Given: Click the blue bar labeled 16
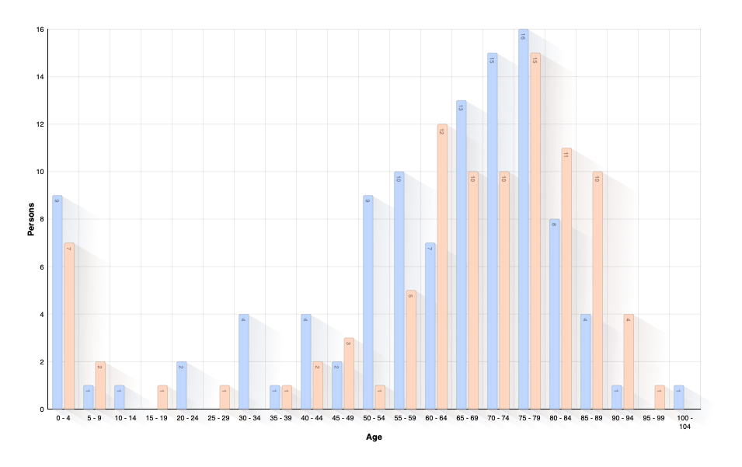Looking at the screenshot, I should (524, 221).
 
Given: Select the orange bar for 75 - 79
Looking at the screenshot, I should (535, 233).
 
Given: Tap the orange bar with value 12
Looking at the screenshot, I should (442, 268).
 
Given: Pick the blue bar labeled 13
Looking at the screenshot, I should (462, 256).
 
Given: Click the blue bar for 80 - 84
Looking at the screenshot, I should (555, 315).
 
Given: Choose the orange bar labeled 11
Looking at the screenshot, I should (566, 280).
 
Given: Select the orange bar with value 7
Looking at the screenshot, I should (69, 326).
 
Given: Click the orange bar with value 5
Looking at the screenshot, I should (411, 350).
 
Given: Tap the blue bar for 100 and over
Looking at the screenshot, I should (679, 397).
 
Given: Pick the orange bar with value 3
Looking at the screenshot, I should (349, 373).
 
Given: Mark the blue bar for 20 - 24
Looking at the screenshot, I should (181, 385).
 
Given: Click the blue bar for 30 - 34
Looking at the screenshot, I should (244, 361).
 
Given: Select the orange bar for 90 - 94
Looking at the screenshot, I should (629, 361).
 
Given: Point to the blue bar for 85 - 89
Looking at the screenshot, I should (586, 361).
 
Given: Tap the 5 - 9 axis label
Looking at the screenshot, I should (95, 419).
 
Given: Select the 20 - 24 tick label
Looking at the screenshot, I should (186, 419).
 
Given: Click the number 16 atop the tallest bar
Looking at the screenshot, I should (524, 35).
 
